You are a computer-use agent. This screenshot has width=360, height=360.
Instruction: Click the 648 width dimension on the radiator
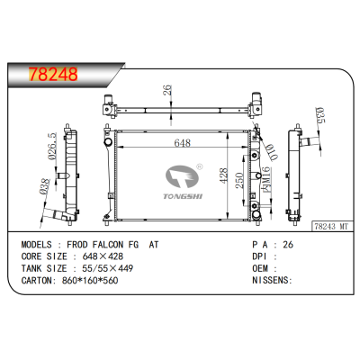(182, 143)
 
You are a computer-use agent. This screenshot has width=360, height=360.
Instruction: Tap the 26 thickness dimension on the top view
(166, 90)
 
